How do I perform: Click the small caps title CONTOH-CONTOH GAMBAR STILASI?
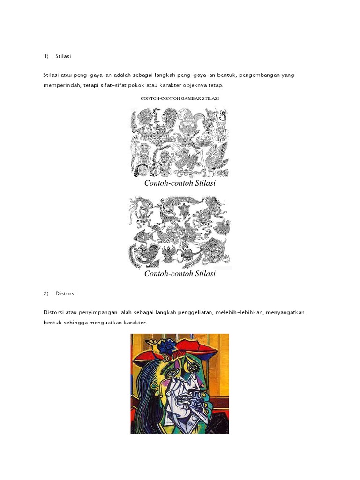(x=180, y=98)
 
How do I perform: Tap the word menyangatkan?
(x=285, y=312)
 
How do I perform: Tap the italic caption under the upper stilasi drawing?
(x=180, y=183)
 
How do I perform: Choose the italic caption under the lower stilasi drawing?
(x=180, y=274)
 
